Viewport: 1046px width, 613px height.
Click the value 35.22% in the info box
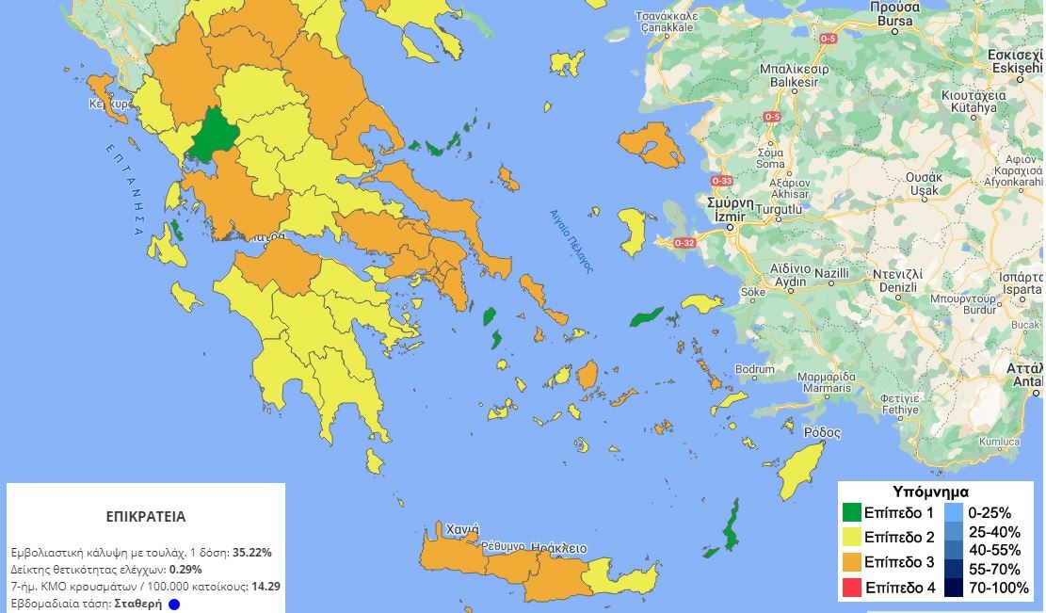coord(252,553)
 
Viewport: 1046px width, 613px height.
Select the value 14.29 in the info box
coord(266,586)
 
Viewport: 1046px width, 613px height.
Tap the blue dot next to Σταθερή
coord(174,604)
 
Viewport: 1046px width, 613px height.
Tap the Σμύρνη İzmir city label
coord(731,209)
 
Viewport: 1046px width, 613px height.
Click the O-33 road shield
coord(722,180)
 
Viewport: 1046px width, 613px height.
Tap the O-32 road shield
coord(684,243)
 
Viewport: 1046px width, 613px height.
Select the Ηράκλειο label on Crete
coord(558,547)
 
